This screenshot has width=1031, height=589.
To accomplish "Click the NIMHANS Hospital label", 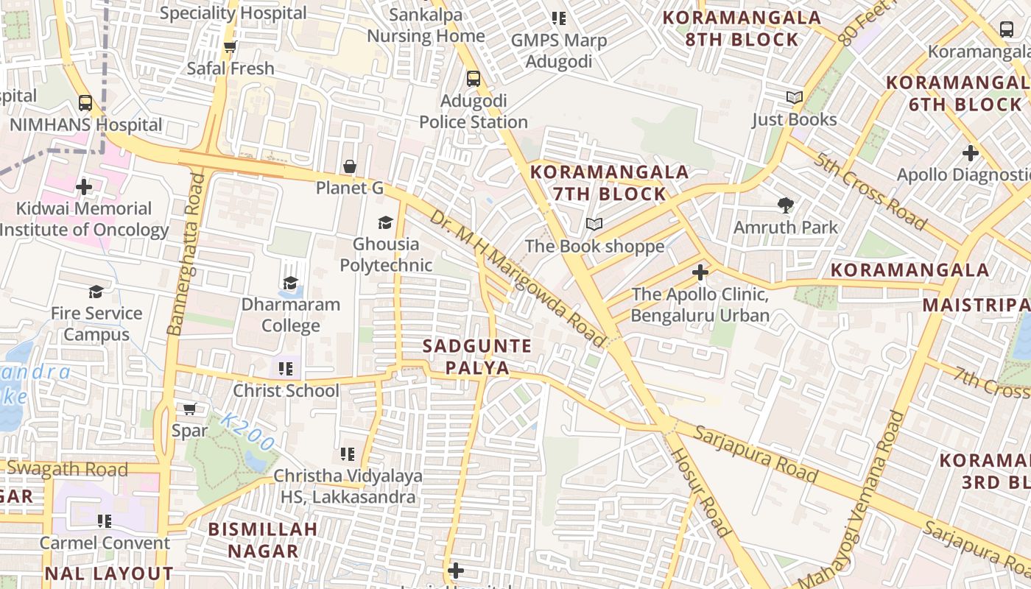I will (x=85, y=124).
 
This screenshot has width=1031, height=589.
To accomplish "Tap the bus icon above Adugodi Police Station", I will (x=474, y=78).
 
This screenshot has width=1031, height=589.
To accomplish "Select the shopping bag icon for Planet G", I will (x=350, y=166).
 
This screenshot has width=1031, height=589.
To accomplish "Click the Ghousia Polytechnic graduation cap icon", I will (x=385, y=222).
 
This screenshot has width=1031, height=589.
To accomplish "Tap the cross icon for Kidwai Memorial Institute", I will (x=84, y=187).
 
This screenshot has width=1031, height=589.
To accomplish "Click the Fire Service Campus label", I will (x=96, y=324).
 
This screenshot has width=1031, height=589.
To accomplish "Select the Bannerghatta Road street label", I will (x=186, y=254).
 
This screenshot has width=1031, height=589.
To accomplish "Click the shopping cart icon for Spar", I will (x=189, y=409).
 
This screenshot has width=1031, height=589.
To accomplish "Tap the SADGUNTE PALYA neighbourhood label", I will (x=477, y=356).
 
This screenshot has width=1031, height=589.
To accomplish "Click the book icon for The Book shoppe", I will (x=594, y=224).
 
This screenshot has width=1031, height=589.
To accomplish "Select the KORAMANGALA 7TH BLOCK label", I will (x=610, y=183).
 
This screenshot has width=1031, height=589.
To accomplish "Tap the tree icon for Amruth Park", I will (x=786, y=205).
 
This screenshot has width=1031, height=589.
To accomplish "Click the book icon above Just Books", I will (x=794, y=97).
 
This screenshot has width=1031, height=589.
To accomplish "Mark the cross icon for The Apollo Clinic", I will (x=700, y=273).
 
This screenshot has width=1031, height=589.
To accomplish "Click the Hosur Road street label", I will (x=700, y=491).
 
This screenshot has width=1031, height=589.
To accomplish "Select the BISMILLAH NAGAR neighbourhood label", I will (x=263, y=540).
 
